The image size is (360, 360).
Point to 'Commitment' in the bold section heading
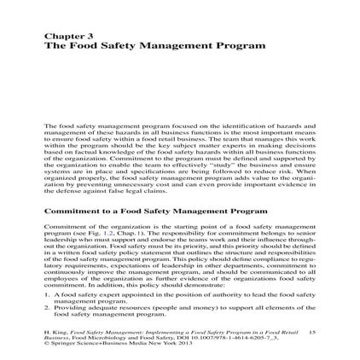pos(72,209)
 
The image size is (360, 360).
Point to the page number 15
pos(311,331)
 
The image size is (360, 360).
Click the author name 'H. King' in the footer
pos(54,331)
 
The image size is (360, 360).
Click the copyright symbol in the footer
pos(46,343)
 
